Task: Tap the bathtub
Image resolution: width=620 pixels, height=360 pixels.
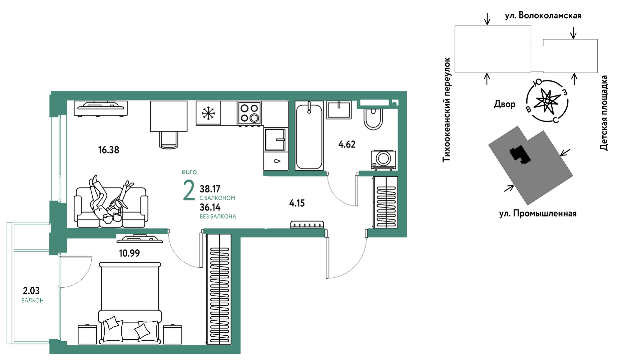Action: point(309,136)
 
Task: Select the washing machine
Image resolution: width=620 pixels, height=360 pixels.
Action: point(384,159)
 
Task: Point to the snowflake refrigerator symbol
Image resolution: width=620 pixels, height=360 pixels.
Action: point(208,113)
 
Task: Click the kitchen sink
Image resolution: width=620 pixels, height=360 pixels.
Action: point(275,139)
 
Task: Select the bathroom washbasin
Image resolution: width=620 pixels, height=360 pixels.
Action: point(339,110)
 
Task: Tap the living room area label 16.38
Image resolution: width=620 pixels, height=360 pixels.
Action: point(109,150)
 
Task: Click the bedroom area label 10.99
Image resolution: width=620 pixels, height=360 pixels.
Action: point(129,253)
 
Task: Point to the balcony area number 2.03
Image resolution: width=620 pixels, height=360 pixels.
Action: point(31,291)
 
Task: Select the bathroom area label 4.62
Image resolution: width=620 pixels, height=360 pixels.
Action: point(347,144)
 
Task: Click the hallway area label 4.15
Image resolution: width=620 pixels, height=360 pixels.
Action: point(297,203)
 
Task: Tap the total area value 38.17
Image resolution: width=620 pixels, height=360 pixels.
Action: point(210,189)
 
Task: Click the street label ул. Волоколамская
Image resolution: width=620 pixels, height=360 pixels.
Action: point(543,15)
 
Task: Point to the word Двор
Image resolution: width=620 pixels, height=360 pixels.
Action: point(505,104)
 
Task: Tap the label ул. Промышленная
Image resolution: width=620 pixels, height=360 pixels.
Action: point(538,214)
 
